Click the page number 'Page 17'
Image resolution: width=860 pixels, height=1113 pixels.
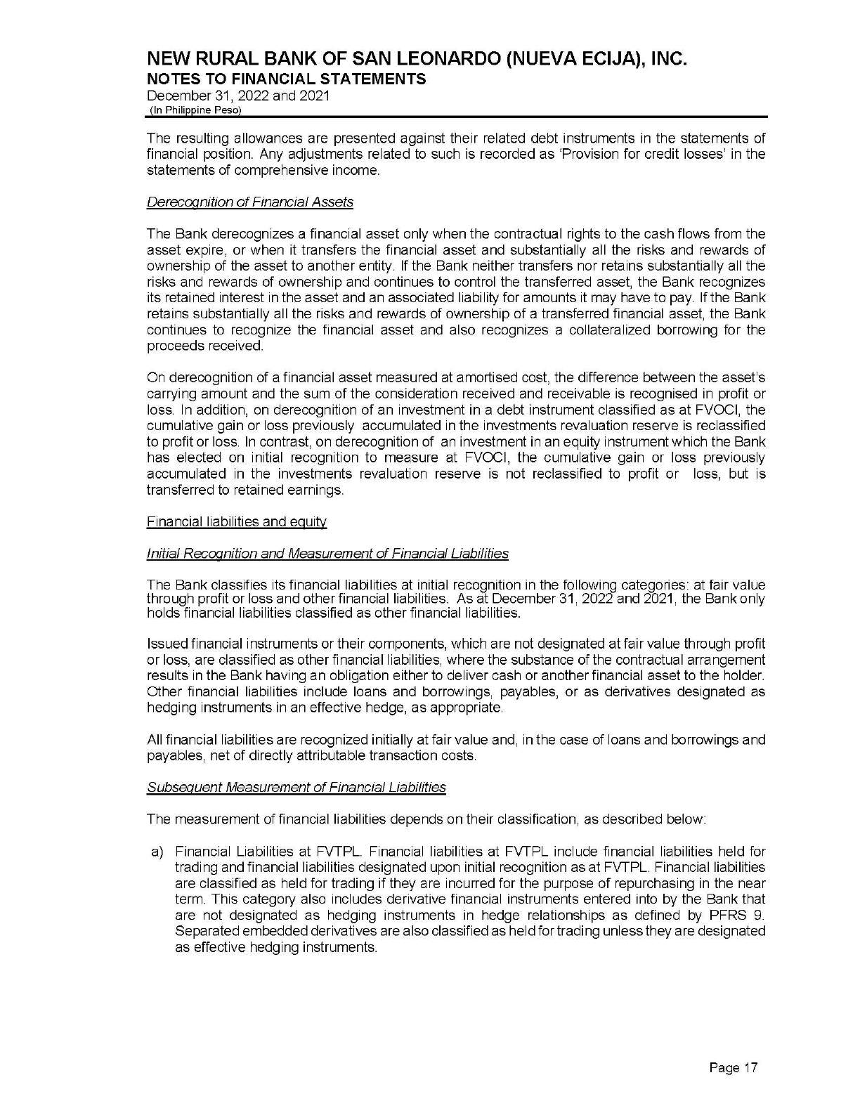point(734,1069)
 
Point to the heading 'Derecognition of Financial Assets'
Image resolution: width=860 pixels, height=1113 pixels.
point(249,202)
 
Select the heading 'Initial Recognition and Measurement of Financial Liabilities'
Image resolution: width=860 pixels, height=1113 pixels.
point(327,554)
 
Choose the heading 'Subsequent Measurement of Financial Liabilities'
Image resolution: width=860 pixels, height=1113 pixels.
point(296,787)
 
